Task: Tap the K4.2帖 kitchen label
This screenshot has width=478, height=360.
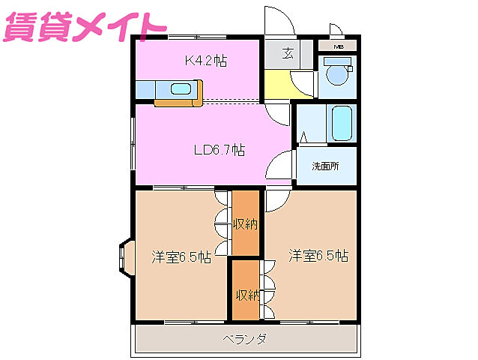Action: [206, 61]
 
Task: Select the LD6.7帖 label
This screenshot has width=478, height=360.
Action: [219, 150]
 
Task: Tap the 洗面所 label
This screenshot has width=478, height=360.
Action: [325, 166]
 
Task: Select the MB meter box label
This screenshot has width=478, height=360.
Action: [339, 47]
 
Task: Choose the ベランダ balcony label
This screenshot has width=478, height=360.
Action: [244, 339]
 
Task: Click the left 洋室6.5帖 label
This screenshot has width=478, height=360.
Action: [181, 256]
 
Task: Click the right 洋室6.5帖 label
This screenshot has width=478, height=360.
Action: [318, 256]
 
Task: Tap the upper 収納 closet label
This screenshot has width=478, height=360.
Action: [244, 223]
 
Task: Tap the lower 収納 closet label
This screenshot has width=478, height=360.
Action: [245, 295]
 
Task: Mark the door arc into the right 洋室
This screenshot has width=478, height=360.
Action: [273, 199]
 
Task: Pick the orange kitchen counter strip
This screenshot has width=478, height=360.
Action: [180, 101]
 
